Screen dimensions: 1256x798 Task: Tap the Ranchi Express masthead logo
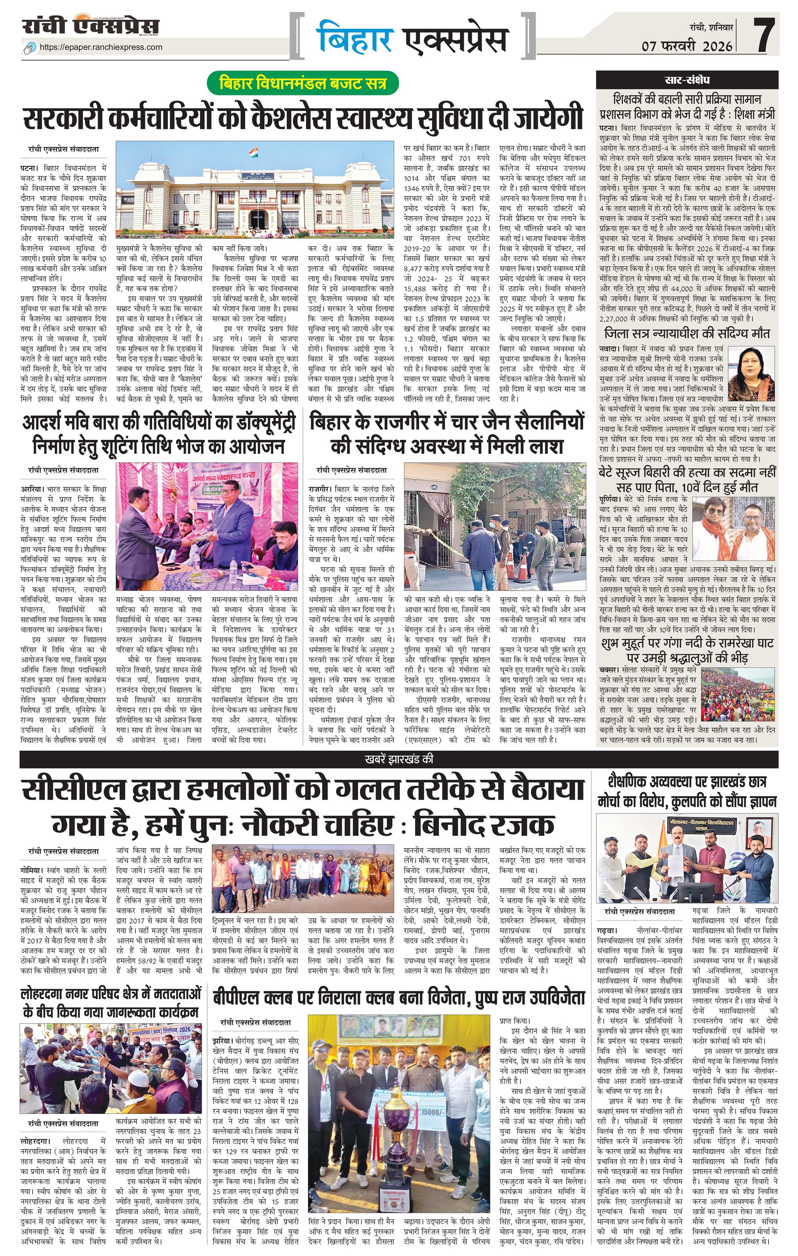pos(91,26)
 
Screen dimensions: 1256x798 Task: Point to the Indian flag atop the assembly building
pos(253,153)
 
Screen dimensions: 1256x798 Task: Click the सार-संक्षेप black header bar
pos(687,80)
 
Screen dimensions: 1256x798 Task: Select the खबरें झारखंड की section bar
pos(399,760)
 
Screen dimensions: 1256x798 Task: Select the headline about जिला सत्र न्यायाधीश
pos(687,333)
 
